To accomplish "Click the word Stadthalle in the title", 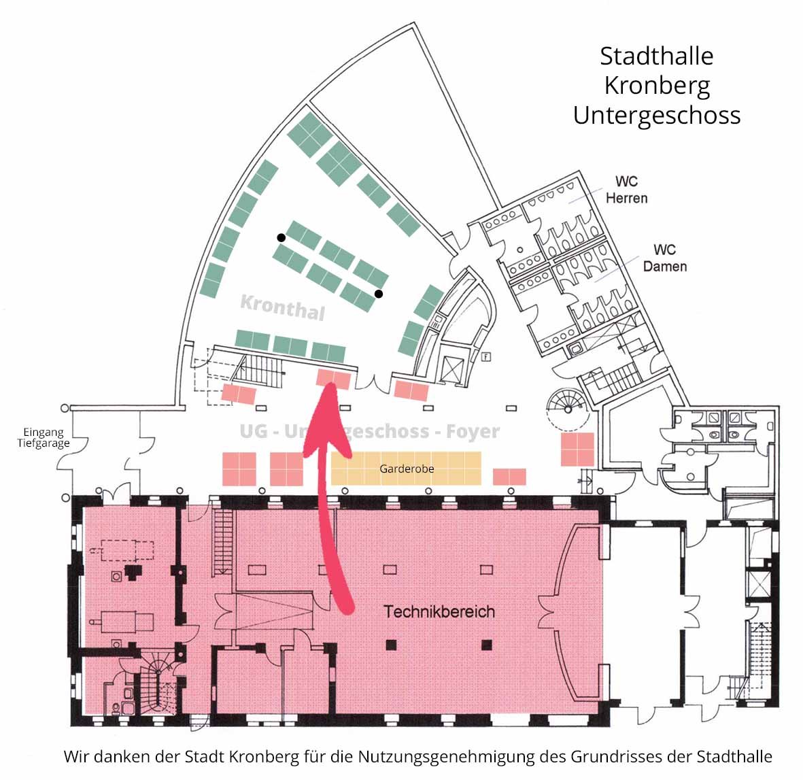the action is (x=657, y=56).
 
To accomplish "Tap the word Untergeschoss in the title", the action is (x=657, y=116).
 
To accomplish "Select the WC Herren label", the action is (x=626, y=190).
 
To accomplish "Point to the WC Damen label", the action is (x=665, y=258).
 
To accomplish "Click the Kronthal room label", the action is (x=283, y=307).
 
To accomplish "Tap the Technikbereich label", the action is (x=439, y=611).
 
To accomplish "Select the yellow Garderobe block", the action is (x=406, y=468).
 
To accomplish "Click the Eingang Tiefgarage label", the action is (x=44, y=438).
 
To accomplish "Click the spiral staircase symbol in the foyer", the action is (x=568, y=409).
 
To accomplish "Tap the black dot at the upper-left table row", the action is (x=281, y=237).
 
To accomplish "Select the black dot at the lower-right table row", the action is (x=379, y=294).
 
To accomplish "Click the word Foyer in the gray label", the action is (x=473, y=431).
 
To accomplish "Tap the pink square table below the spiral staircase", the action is (x=578, y=449).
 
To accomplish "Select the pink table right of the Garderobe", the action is (x=509, y=477).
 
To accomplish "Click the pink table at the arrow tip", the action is (x=333, y=379).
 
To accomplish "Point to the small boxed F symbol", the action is (x=486, y=357).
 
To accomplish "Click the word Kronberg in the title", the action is (x=657, y=86).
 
